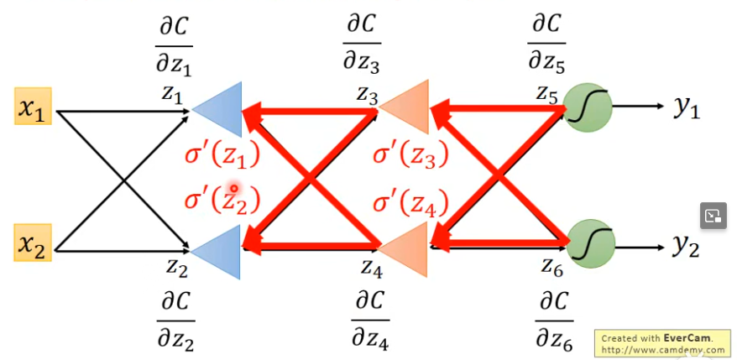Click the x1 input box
pos(33,107)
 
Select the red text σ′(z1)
pos(222,156)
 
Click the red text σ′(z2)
pos(222,201)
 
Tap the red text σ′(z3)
pos(410,155)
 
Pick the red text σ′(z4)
pos(410,201)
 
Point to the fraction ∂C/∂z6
pos(553,320)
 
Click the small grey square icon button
pos(713,216)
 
